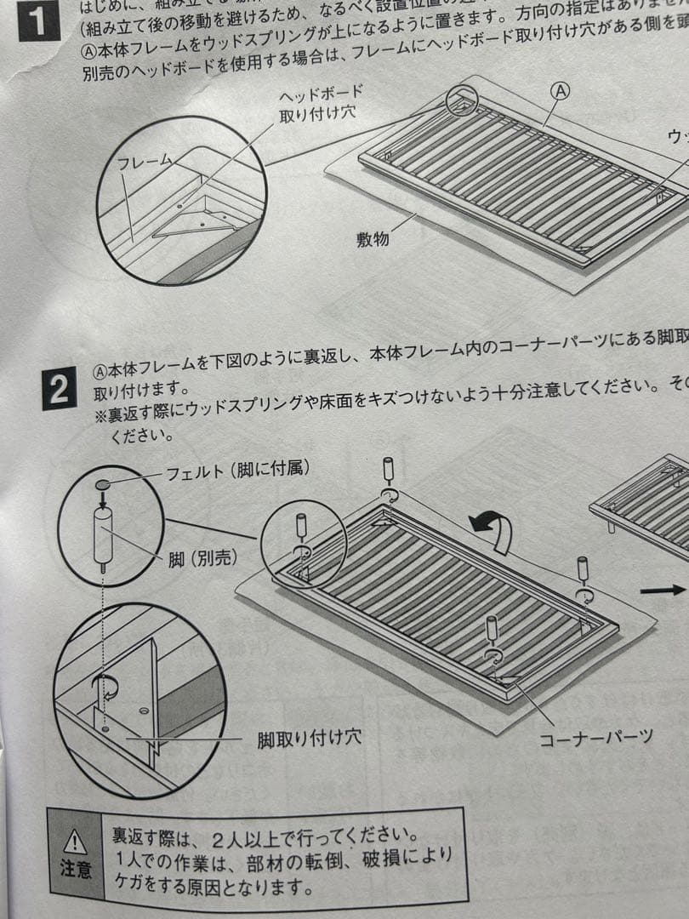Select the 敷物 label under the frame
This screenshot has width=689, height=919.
[372, 239]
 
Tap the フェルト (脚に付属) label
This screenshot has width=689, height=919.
[237, 468]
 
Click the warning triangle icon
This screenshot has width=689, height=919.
[76, 842]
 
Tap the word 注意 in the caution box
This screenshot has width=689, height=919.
[76, 870]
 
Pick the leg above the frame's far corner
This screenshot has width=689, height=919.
[388, 470]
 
